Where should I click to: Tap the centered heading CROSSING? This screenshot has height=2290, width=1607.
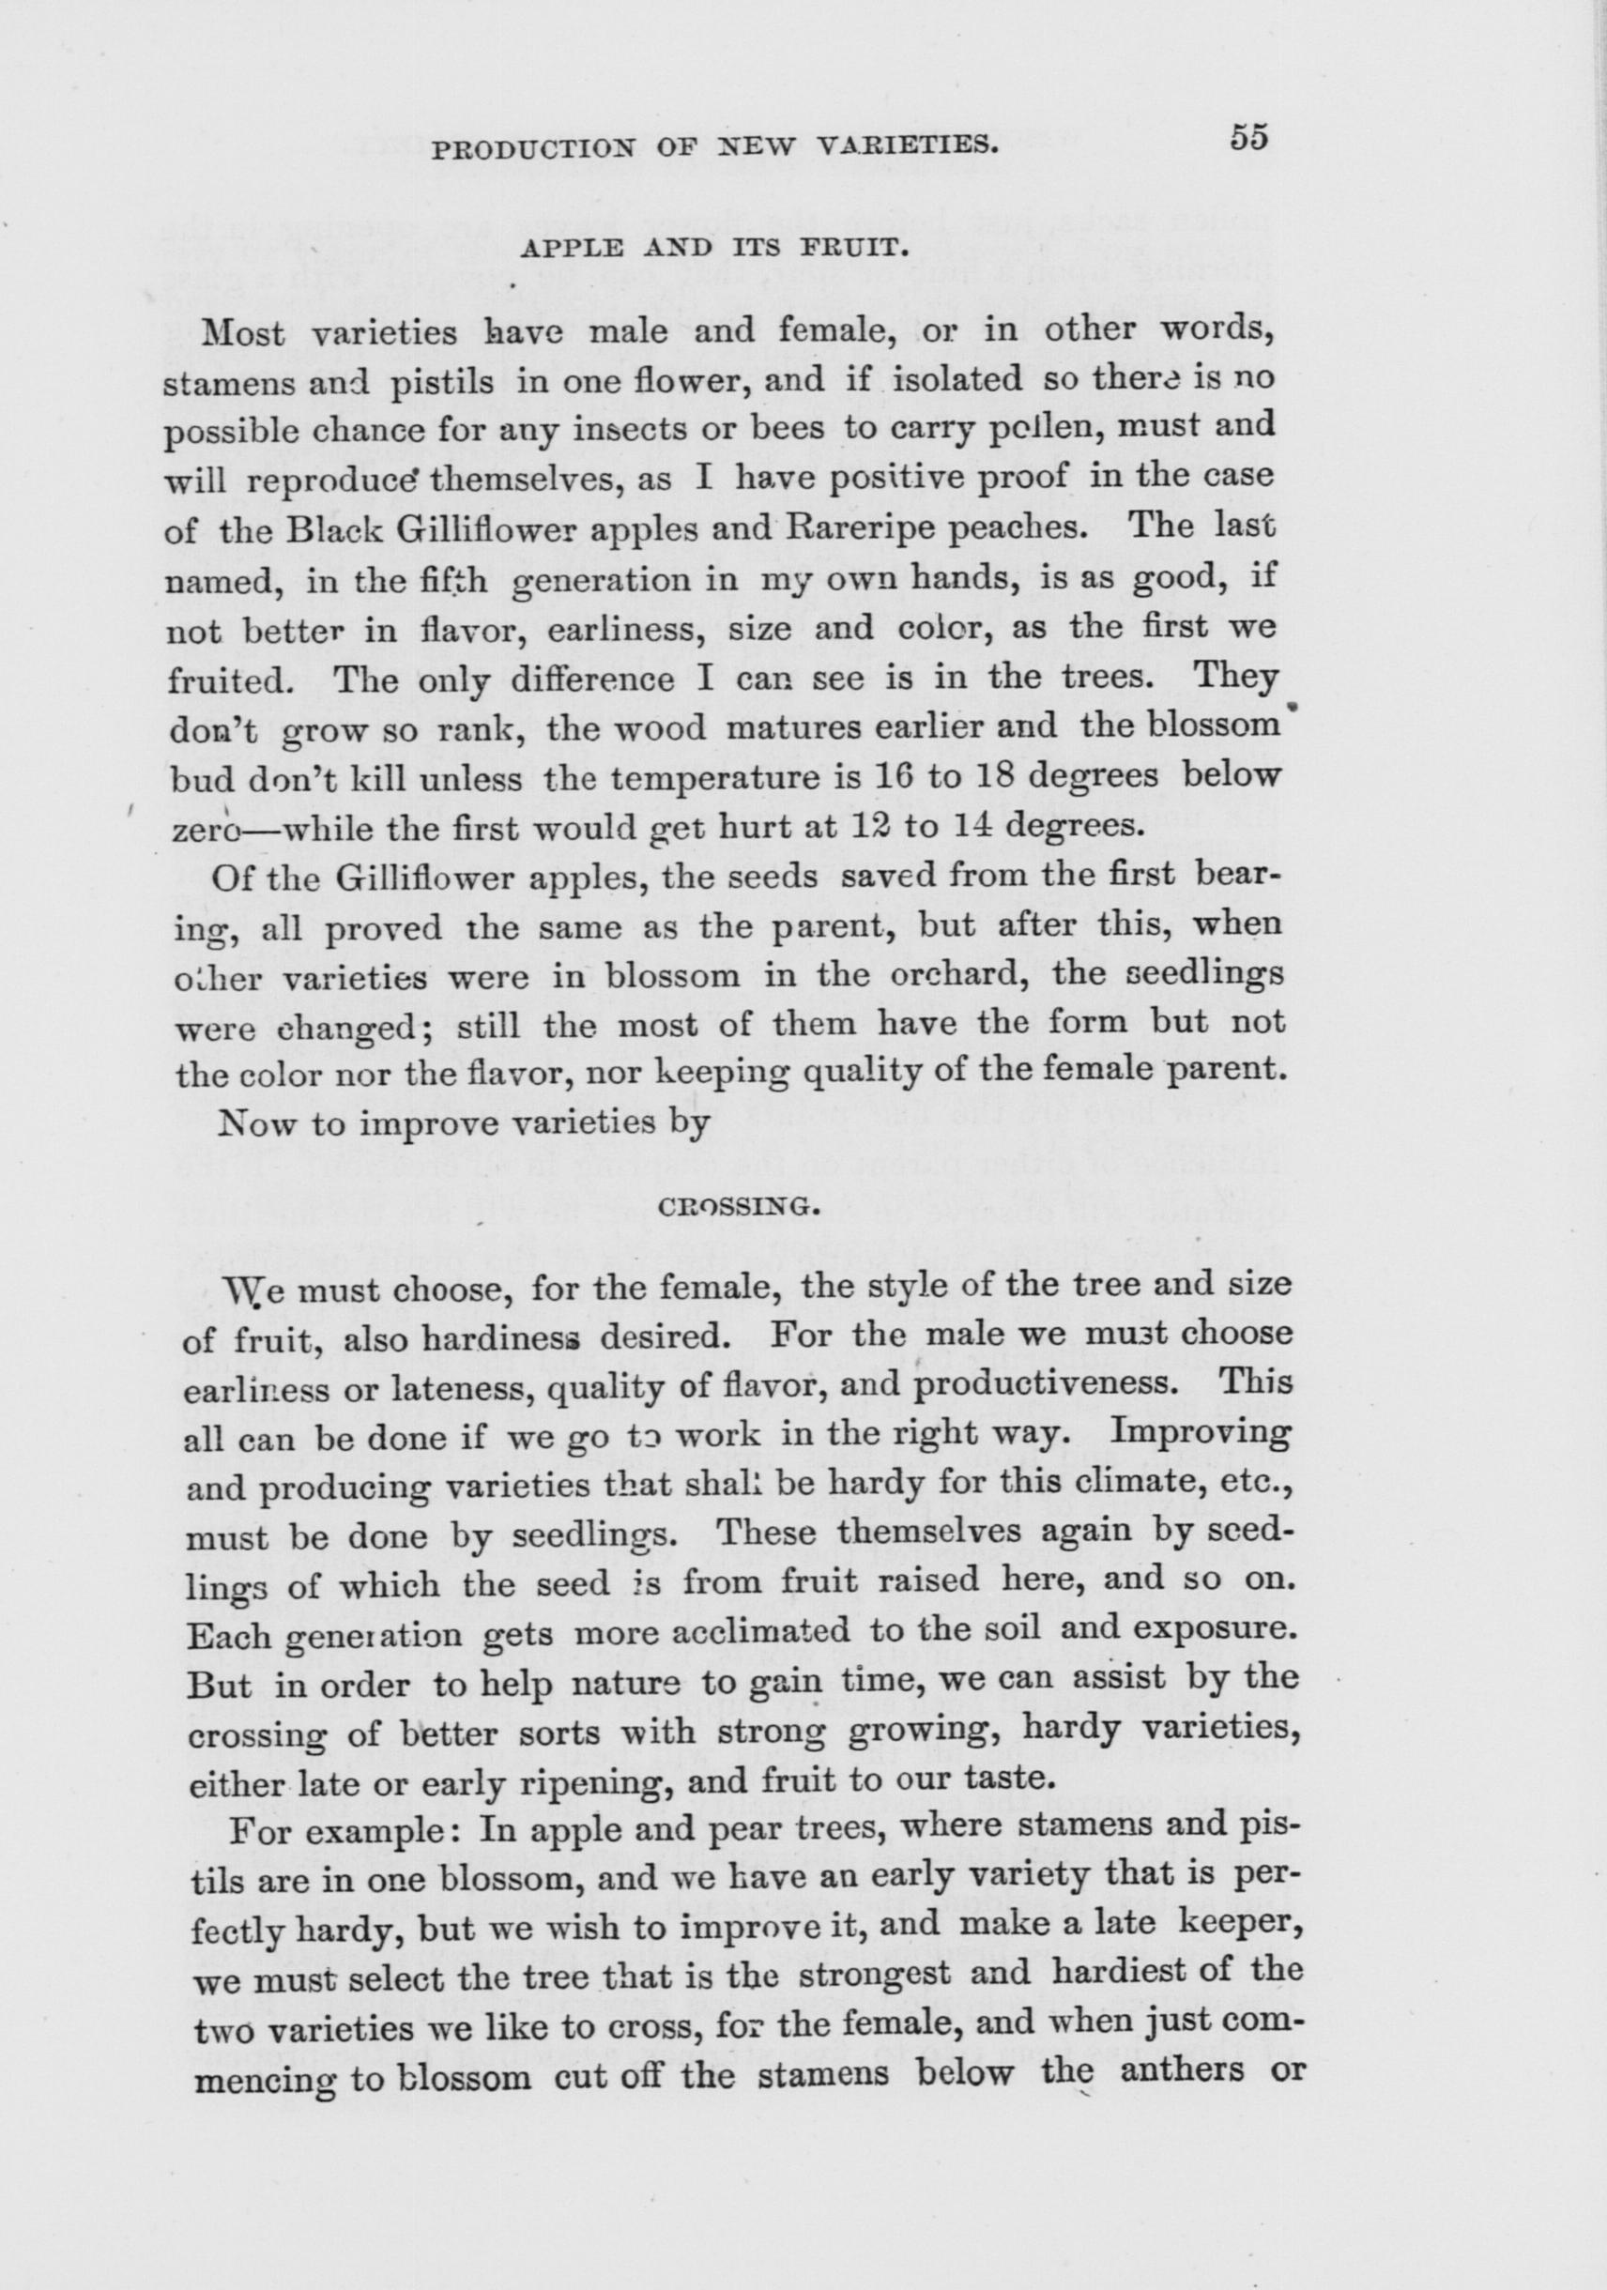739,1208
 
